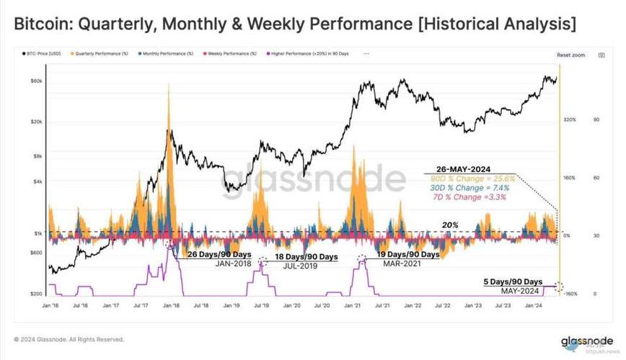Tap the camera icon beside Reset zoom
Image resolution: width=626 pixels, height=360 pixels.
(x=601, y=55)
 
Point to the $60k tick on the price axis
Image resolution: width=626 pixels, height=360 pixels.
(x=36, y=81)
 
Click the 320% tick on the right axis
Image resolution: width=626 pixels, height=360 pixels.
(x=569, y=120)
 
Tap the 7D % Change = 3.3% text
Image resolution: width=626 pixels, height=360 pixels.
(x=462, y=195)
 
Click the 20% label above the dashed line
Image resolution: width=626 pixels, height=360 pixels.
(x=451, y=225)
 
